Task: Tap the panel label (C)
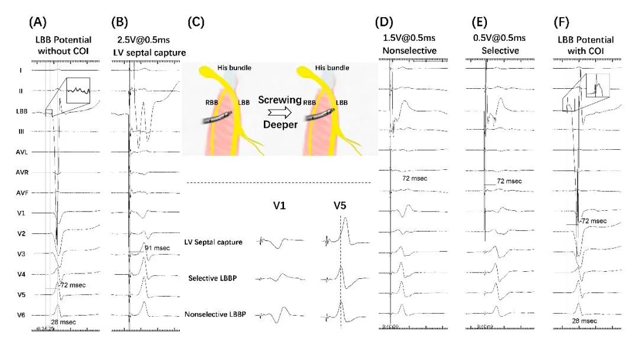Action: coord(196,23)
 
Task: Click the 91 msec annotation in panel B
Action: coord(155,247)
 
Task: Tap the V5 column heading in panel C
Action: coord(341,207)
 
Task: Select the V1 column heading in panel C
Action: coord(273,207)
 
